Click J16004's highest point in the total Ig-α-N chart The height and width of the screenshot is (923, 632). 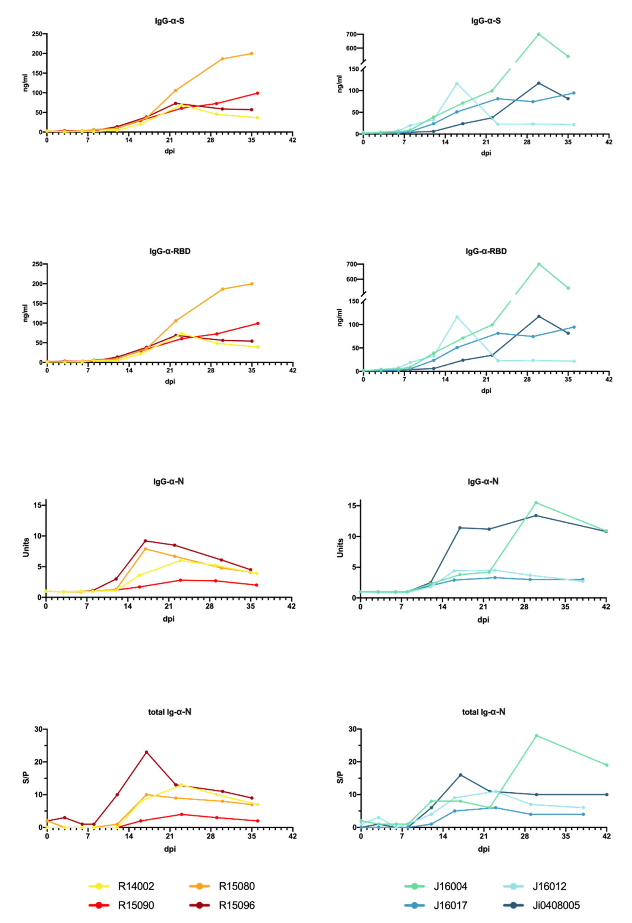536,736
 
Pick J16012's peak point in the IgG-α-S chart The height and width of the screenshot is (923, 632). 457,83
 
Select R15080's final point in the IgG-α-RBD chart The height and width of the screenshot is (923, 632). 252,284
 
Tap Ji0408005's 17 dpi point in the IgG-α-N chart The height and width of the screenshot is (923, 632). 460,528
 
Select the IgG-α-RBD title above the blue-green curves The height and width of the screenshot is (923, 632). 486,251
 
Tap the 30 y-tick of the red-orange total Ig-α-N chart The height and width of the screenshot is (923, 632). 38,729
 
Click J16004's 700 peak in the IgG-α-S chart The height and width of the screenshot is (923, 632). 539,34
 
